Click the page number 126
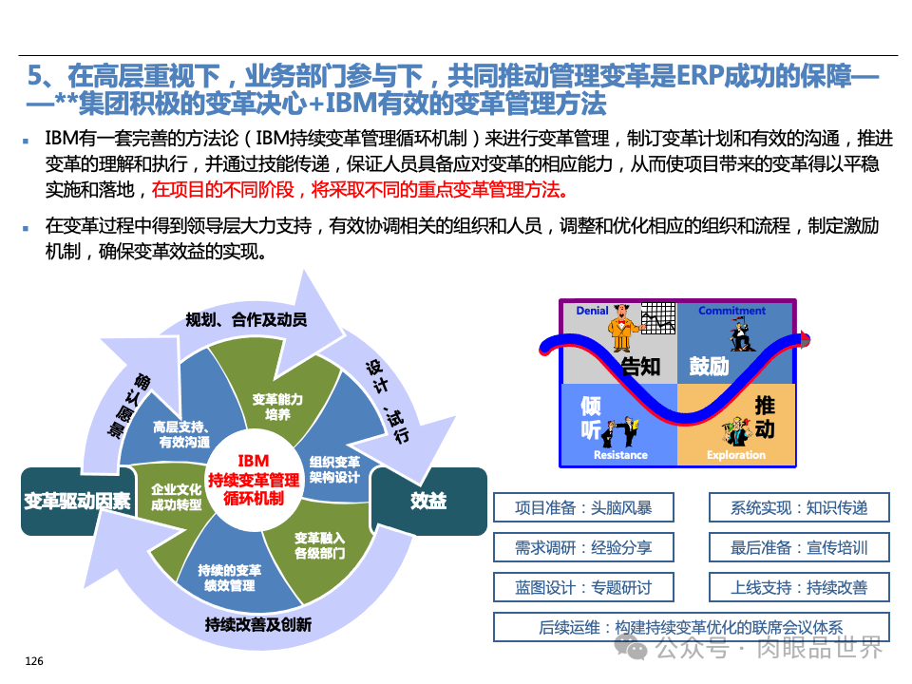point(33,661)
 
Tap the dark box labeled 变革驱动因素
point(78,501)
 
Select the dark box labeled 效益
point(428,501)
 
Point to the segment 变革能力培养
point(277,407)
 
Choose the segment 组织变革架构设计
point(334,468)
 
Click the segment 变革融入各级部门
point(319,544)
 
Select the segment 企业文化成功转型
point(177,497)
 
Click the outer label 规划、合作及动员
point(246,319)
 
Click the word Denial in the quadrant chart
point(592,311)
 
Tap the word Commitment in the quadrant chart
point(731,311)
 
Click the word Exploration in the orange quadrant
point(736,455)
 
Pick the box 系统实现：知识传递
point(799,507)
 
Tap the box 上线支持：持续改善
point(799,587)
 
